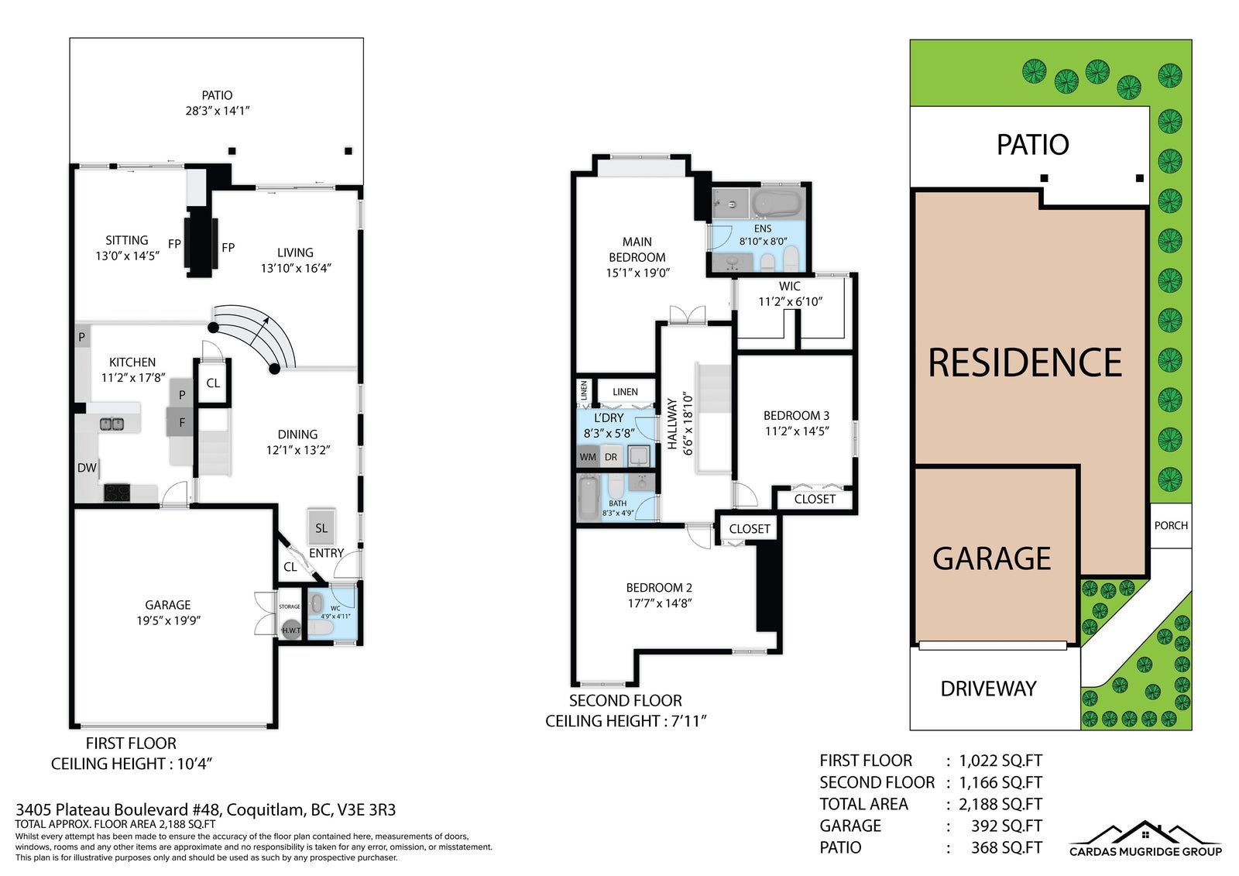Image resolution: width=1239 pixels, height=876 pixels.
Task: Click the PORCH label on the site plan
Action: pyautogui.click(x=1170, y=525)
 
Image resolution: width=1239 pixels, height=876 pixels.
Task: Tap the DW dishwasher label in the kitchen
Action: pyautogui.click(x=87, y=468)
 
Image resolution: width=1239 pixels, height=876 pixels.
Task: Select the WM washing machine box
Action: pyautogui.click(x=588, y=457)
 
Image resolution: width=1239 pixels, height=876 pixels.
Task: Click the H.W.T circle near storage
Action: pyautogui.click(x=291, y=630)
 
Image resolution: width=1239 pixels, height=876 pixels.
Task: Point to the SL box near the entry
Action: pyautogui.click(x=321, y=527)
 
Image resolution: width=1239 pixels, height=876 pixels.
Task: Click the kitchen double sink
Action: pyautogui.click(x=112, y=424)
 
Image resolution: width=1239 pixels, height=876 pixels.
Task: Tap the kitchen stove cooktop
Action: pyautogui.click(x=117, y=493)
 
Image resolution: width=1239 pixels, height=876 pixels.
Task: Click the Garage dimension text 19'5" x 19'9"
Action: pyautogui.click(x=168, y=620)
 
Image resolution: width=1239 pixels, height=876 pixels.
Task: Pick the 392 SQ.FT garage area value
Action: pyautogui.click(x=1006, y=826)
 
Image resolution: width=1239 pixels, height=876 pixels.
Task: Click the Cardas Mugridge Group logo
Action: pyautogui.click(x=1145, y=841)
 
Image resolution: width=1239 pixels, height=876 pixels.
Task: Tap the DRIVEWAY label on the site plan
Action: pyautogui.click(x=988, y=689)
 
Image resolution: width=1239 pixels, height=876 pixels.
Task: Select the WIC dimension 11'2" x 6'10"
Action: pyautogui.click(x=790, y=301)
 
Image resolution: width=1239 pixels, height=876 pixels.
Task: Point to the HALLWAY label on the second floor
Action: pyautogui.click(x=672, y=424)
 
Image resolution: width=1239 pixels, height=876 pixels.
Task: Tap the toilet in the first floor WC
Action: pyautogui.click(x=321, y=627)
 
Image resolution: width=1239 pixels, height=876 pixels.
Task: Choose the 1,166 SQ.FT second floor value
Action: pyautogui.click(x=1000, y=782)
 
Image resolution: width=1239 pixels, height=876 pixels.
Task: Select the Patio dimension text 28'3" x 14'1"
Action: pyautogui.click(x=218, y=111)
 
